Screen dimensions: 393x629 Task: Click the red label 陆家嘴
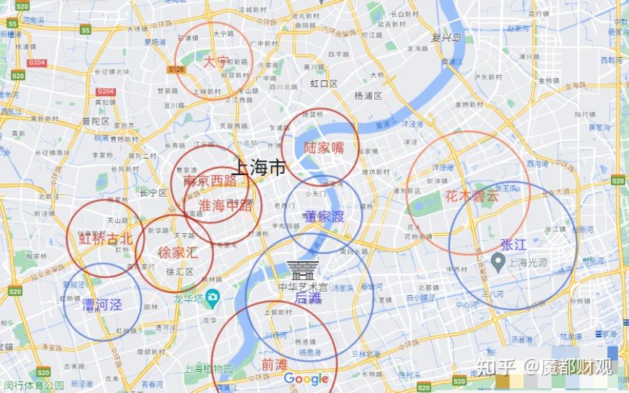tap(324, 148)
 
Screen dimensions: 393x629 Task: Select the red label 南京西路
tap(210, 181)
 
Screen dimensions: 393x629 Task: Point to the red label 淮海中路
tap(225, 205)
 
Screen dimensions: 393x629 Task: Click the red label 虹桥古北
tap(105, 238)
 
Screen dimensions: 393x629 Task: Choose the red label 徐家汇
tap(178, 252)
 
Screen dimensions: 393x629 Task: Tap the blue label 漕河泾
tap(102, 305)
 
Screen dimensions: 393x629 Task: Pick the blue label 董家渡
tap(324, 217)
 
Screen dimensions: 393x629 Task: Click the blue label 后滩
tap(308, 298)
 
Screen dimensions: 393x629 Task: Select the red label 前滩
tap(274, 364)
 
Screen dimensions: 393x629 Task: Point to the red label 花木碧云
tap(472, 196)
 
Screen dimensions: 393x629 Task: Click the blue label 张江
tap(513, 244)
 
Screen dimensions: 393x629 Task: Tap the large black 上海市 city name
tap(258, 168)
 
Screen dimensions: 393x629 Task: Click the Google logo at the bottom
tap(306, 379)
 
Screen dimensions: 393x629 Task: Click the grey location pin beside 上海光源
tap(498, 263)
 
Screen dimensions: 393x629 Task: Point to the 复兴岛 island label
tap(447, 38)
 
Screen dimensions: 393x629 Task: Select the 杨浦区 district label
tap(368, 96)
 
